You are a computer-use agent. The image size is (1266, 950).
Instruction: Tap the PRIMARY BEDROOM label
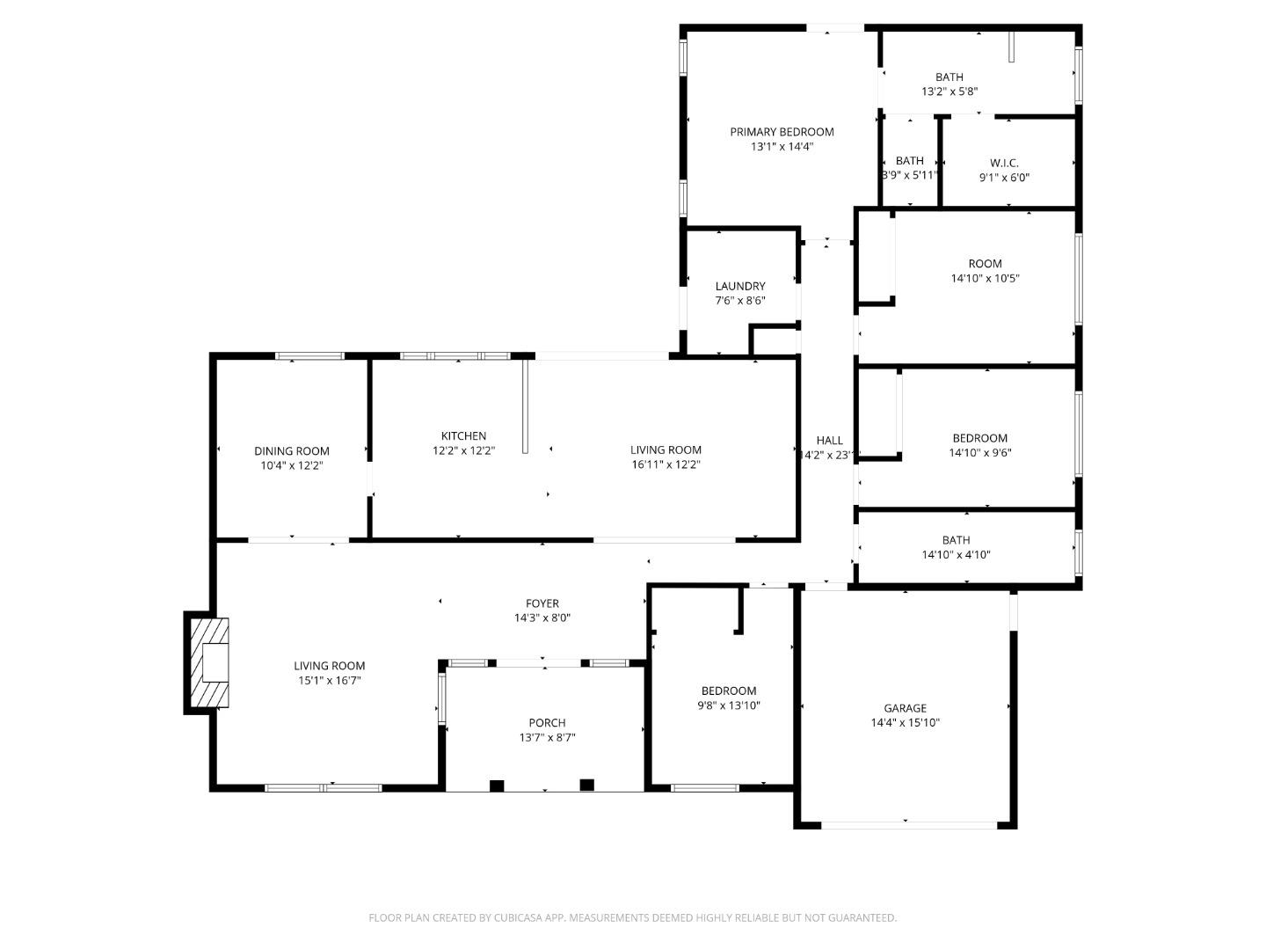(x=782, y=132)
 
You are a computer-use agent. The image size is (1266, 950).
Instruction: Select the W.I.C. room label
(x=1004, y=163)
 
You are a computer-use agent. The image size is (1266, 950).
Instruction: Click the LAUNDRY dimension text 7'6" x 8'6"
(x=739, y=301)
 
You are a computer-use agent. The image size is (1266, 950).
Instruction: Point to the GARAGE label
(x=905, y=708)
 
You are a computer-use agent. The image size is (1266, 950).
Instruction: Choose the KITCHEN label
(x=463, y=436)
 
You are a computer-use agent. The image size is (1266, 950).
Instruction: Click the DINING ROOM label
(x=292, y=451)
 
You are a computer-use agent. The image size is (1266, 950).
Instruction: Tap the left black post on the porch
(x=497, y=786)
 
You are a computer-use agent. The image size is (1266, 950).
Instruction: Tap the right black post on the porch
(x=587, y=785)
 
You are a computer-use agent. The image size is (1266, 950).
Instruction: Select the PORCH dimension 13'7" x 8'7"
(x=547, y=738)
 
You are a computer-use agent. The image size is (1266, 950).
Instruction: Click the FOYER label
(x=542, y=603)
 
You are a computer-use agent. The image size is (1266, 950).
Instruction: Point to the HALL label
(x=829, y=441)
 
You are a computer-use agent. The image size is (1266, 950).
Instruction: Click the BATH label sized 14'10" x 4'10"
(x=956, y=540)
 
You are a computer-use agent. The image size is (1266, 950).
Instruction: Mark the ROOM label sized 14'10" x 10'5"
(x=985, y=264)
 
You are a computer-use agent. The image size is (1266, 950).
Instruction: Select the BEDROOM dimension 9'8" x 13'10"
(x=728, y=705)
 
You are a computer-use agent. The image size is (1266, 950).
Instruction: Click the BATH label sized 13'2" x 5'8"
(x=949, y=77)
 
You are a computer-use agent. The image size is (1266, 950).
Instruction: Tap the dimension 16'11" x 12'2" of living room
(x=666, y=464)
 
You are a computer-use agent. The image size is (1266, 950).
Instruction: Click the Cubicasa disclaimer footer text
(x=632, y=917)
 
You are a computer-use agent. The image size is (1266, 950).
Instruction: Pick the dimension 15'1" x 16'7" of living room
(x=329, y=681)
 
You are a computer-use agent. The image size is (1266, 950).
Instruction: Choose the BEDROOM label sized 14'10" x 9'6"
(x=979, y=438)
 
